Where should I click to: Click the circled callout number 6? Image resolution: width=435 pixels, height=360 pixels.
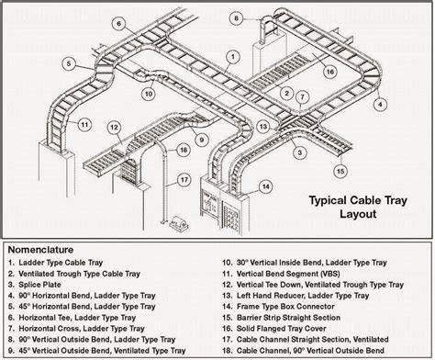pos(119,24)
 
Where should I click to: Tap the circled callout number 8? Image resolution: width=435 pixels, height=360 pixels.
pos(236,18)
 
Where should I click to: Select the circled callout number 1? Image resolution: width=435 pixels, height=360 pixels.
pos(233,57)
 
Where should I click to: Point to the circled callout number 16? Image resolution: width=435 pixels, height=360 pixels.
pos(330,72)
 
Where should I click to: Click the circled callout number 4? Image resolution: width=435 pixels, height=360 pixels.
pos(380,104)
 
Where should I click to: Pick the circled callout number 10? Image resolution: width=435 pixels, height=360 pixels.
pos(149,94)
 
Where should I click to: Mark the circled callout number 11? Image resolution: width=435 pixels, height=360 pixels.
pos(84,125)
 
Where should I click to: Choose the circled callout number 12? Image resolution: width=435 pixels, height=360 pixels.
pos(114,128)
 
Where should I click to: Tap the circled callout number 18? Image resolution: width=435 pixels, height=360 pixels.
pos(184,150)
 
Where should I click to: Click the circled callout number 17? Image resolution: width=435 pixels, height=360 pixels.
pos(184,179)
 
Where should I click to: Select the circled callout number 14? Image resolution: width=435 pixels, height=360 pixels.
pos(266,186)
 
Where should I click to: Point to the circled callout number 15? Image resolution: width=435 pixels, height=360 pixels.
pos(340,171)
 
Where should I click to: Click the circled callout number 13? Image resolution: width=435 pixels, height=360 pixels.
pos(263,127)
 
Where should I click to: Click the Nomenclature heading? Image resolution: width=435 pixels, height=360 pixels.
pos(40,250)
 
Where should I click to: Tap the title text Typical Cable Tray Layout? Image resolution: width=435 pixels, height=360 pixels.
pos(358,207)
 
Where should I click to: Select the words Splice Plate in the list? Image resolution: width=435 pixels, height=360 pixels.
pos(39,285)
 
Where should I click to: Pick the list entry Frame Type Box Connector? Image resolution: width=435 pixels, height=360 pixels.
pos(285,307)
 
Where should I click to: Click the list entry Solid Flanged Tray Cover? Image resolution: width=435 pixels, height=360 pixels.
pos(281,329)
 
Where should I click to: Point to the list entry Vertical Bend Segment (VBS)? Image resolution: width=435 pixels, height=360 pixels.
pos(288,274)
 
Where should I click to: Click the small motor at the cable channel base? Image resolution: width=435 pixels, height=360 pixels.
pos(179,223)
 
